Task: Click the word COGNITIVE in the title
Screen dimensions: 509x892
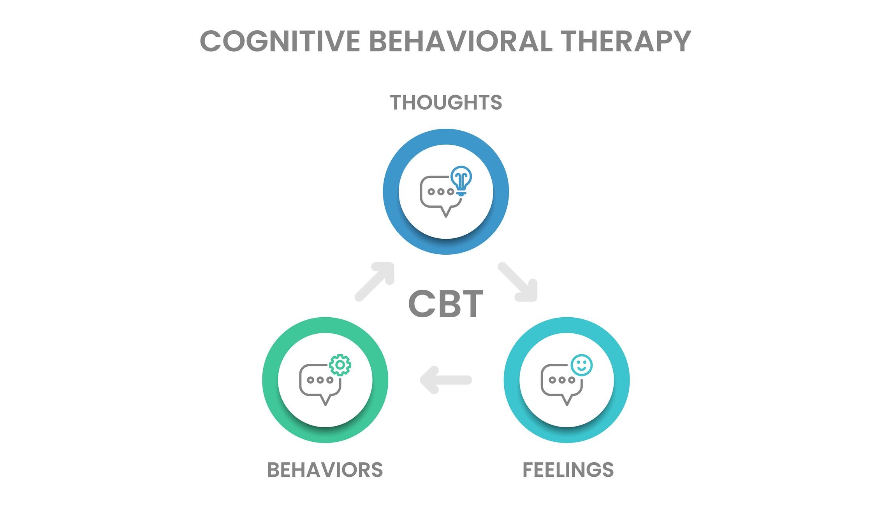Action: click(x=280, y=41)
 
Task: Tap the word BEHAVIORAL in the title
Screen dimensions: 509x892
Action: click(x=460, y=41)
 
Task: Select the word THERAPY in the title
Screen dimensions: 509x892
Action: click(x=626, y=41)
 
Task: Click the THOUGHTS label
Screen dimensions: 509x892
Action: click(x=446, y=103)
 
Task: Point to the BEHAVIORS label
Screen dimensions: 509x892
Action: click(x=325, y=470)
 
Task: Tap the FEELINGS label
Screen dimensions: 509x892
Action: click(x=568, y=470)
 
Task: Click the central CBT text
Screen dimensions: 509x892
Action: click(x=446, y=304)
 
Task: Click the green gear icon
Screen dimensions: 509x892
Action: click(x=340, y=365)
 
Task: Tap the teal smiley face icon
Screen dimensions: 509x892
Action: click(x=582, y=365)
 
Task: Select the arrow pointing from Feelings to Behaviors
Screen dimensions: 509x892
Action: click(x=445, y=380)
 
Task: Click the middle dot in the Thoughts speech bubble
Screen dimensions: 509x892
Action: click(x=441, y=192)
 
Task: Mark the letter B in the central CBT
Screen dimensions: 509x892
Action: click(x=447, y=304)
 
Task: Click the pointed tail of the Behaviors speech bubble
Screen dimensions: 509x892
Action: click(x=325, y=403)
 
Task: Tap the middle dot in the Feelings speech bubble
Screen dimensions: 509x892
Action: click(x=562, y=380)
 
